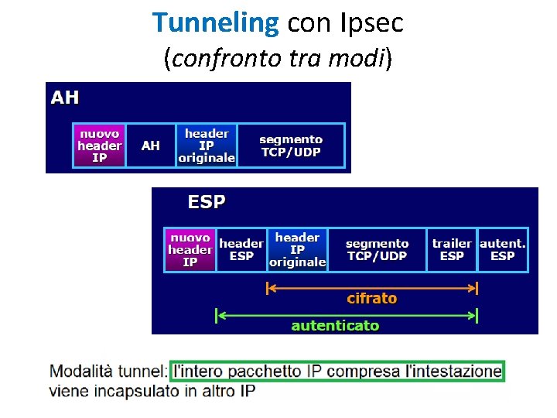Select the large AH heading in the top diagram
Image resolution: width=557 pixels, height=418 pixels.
coord(65,98)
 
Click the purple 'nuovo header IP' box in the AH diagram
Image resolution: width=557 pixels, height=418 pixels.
coord(99,146)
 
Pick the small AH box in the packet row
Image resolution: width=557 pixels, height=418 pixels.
coord(151,146)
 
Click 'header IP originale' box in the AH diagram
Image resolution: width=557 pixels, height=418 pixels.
coord(206,146)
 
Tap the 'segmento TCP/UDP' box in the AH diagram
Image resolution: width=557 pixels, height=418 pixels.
coord(291,146)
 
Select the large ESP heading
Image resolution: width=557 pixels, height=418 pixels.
coord(207,202)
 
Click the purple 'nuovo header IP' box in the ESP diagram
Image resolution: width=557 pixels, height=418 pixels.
coord(190,250)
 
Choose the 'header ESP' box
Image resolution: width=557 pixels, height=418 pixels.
coord(241,250)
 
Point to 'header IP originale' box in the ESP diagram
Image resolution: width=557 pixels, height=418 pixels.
coord(297,250)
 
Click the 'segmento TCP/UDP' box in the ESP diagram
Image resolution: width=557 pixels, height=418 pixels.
coord(378,250)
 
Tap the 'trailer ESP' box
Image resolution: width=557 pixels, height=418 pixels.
coord(452,250)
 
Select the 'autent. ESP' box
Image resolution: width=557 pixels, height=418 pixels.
coord(503,250)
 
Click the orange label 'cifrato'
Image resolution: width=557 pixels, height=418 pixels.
coord(372,299)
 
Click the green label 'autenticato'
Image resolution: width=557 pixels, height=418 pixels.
coord(335,326)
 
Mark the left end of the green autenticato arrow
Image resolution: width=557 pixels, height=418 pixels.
coord(217,316)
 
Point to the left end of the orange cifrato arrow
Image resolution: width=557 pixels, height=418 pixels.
coord(268,289)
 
